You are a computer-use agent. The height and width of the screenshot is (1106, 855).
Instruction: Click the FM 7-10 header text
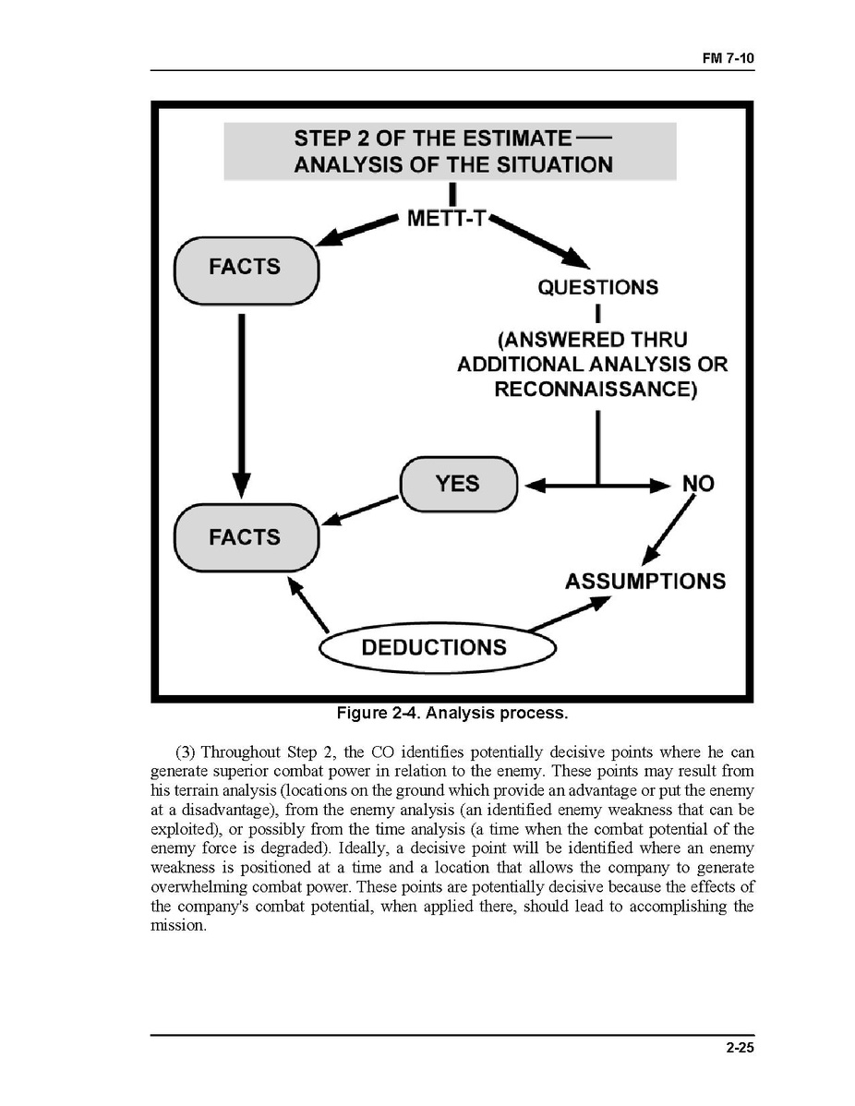[728, 57]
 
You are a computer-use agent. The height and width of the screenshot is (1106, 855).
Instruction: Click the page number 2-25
[741, 1047]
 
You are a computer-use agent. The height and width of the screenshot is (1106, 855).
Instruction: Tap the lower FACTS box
[246, 537]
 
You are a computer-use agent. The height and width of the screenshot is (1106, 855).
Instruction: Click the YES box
[458, 483]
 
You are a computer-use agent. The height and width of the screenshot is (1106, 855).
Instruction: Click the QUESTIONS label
[598, 287]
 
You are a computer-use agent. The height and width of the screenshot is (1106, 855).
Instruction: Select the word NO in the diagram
[698, 484]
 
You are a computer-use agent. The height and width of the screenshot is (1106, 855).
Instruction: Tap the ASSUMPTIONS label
[644, 582]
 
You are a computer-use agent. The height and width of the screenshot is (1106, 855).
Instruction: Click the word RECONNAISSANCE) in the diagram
[596, 390]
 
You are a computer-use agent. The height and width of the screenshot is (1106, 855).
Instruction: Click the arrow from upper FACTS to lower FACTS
[241, 406]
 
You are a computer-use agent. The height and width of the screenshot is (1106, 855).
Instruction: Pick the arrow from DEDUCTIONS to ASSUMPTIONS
[571, 613]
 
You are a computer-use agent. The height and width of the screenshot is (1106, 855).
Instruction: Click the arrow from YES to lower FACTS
[360, 510]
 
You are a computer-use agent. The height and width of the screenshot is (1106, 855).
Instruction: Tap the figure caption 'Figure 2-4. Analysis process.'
[452, 714]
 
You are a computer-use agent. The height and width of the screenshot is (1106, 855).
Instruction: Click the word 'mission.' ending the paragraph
[177, 925]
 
